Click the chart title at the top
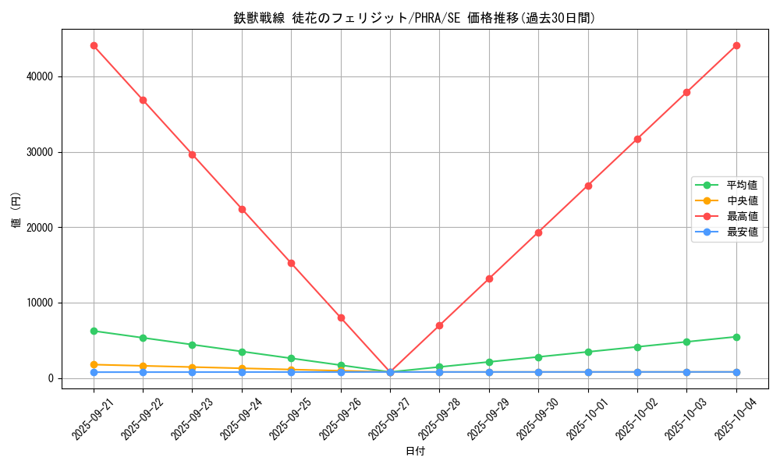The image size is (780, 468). [x=414, y=18]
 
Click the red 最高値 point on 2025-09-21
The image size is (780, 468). [x=94, y=45]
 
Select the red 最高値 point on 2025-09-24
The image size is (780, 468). [x=242, y=209]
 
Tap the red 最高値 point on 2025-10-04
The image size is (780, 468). [x=736, y=45]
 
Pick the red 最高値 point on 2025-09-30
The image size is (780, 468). [x=538, y=232]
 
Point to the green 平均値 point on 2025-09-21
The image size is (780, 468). [x=94, y=331]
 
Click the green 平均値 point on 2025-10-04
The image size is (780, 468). [x=736, y=337]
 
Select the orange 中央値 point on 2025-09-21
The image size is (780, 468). [x=94, y=364]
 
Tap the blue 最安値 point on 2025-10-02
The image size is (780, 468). [x=637, y=372]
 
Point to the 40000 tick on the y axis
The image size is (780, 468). [x=39, y=76]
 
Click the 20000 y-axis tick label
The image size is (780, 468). [x=39, y=228]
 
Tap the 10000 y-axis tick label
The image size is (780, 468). [x=39, y=303]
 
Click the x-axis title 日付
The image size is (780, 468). [x=415, y=451]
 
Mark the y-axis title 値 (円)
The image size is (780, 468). [x=16, y=211]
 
